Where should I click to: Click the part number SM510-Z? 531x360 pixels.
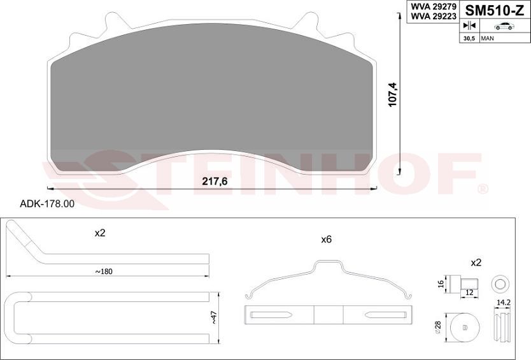[x=495, y=11]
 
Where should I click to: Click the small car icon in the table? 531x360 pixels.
[x=504, y=26]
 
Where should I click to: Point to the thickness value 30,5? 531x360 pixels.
[x=469, y=39]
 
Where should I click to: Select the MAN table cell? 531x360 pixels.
[x=488, y=39]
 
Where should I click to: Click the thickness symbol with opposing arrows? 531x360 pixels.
[x=469, y=26]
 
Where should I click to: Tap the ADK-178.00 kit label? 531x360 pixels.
[x=48, y=204]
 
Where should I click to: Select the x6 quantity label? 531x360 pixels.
[x=327, y=240]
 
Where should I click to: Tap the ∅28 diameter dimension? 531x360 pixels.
[x=439, y=328]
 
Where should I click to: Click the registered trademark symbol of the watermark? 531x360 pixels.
[x=483, y=189]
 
